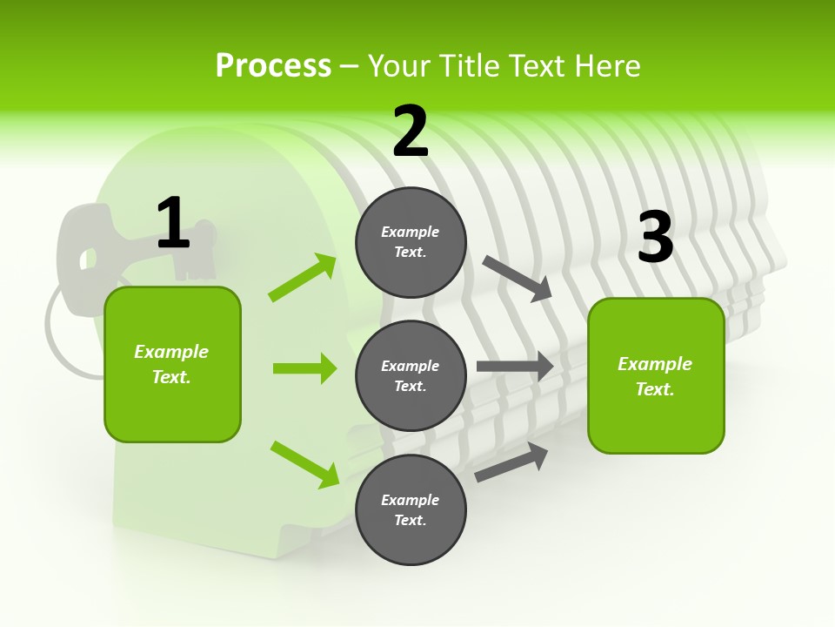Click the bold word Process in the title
click(x=273, y=65)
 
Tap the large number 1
click(x=172, y=223)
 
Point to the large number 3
click(x=655, y=237)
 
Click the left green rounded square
click(x=172, y=364)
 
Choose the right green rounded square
click(x=656, y=376)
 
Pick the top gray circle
click(x=411, y=242)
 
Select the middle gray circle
click(x=411, y=376)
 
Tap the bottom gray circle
click(x=411, y=510)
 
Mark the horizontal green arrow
click(x=304, y=368)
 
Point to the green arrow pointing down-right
click(x=304, y=464)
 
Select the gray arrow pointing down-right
click(x=518, y=278)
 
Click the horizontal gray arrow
click(x=515, y=367)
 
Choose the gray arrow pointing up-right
click(x=511, y=462)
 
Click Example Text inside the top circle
click(x=411, y=242)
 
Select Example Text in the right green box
click(x=655, y=376)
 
